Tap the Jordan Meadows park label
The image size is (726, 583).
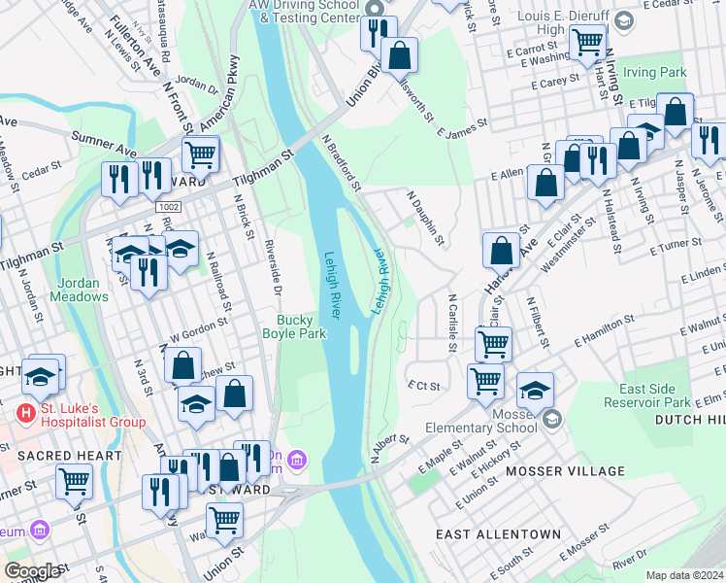pos(82,290)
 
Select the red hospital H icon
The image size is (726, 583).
pos(26,413)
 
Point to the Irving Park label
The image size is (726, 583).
pos(655,72)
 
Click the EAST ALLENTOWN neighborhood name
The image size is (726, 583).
pos(498,534)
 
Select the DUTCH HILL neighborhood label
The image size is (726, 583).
pos(690,420)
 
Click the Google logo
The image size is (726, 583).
pos(31,571)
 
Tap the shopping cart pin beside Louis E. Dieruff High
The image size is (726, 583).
pos(587,43)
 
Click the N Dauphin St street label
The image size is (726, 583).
pos(426,217)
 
